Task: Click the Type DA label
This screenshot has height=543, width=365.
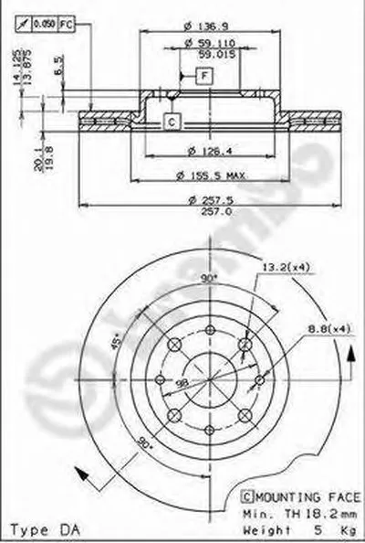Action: click(x=37, y=528)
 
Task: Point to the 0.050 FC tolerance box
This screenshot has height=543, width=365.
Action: click(x=45, y=22)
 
